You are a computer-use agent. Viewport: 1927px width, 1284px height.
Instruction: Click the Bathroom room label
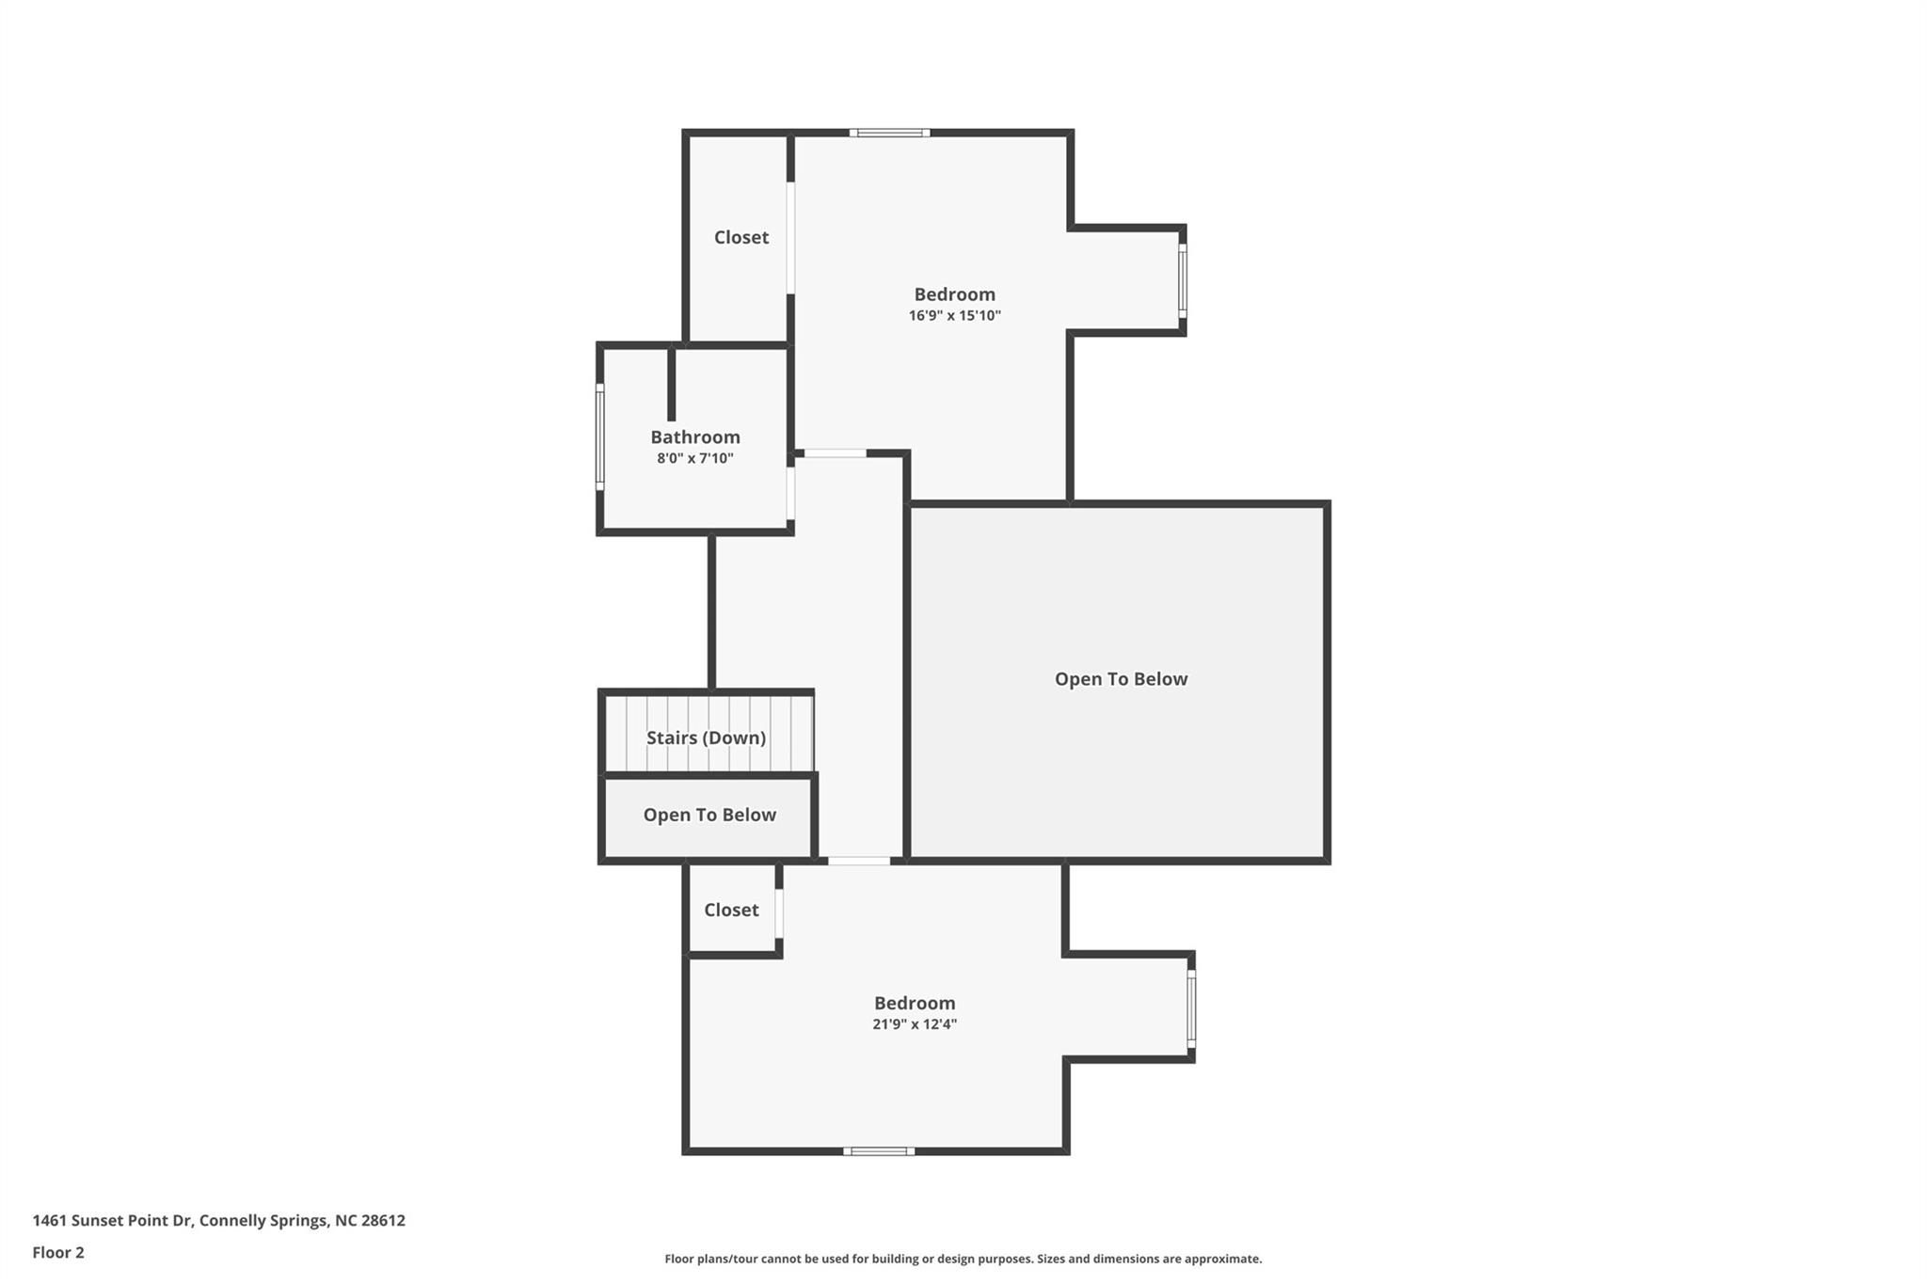point(695,436)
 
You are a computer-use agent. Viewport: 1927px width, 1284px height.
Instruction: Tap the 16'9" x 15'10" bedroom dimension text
point(954,316)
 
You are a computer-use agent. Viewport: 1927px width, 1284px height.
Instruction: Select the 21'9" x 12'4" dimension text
point(915,1024)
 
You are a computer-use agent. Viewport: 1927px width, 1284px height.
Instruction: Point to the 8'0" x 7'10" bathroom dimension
point(695,458)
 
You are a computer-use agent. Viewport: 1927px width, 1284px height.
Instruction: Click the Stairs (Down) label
point(706,737)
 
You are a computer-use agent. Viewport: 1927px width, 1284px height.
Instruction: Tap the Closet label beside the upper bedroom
point(741,237)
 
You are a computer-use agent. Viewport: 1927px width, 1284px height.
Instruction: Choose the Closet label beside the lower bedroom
point(731,910)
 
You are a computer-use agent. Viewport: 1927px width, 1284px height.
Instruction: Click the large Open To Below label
point(1121,679)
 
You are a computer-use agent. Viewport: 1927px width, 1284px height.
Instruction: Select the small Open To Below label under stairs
point(709,815)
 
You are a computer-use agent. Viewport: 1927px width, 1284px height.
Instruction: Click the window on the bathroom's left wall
point(599,436)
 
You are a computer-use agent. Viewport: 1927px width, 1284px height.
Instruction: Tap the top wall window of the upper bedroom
point(889,133)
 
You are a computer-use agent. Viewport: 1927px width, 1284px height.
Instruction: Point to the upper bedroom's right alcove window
point(1183,281)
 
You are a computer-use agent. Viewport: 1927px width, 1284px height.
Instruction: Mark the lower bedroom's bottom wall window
point(878,1150)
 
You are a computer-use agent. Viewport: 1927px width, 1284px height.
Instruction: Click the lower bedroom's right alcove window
point(1191,1009)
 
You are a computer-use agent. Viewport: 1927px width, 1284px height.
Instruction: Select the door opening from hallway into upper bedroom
point(835,453)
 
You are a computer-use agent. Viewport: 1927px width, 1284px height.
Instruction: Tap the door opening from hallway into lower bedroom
point(858,861)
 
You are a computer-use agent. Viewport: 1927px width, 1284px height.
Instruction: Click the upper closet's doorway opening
point(790,238)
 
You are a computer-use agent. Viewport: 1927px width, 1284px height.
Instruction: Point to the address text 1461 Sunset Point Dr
point(112,1220)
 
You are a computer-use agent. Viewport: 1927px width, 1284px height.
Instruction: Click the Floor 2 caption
point(58,1252)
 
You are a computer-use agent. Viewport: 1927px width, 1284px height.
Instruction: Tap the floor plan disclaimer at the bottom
point(963,1259)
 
